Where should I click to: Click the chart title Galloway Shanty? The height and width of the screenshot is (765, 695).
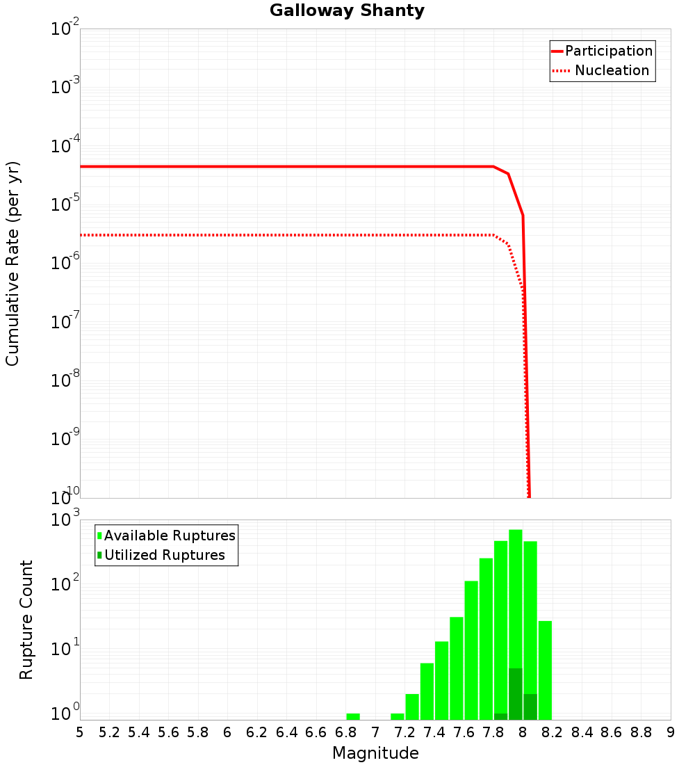tap(347, 11)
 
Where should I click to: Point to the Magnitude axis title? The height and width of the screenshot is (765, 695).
tap(375, 753)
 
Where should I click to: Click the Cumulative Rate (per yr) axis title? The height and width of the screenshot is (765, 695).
tap(13, 264)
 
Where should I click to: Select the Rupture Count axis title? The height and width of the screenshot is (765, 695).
tap(26, 620)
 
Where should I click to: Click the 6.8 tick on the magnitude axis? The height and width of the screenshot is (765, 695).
tap(345, 732)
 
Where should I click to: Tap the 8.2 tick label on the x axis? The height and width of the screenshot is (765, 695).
tap(553, 732)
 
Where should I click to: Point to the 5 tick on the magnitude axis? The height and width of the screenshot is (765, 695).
tap(80, 732)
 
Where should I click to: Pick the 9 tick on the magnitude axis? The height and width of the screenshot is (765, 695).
tap(671, 732)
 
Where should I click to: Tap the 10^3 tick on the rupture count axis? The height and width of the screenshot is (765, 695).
tap(66, 520)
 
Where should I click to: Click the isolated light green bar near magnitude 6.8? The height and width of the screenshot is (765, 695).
tap(353, 716)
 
